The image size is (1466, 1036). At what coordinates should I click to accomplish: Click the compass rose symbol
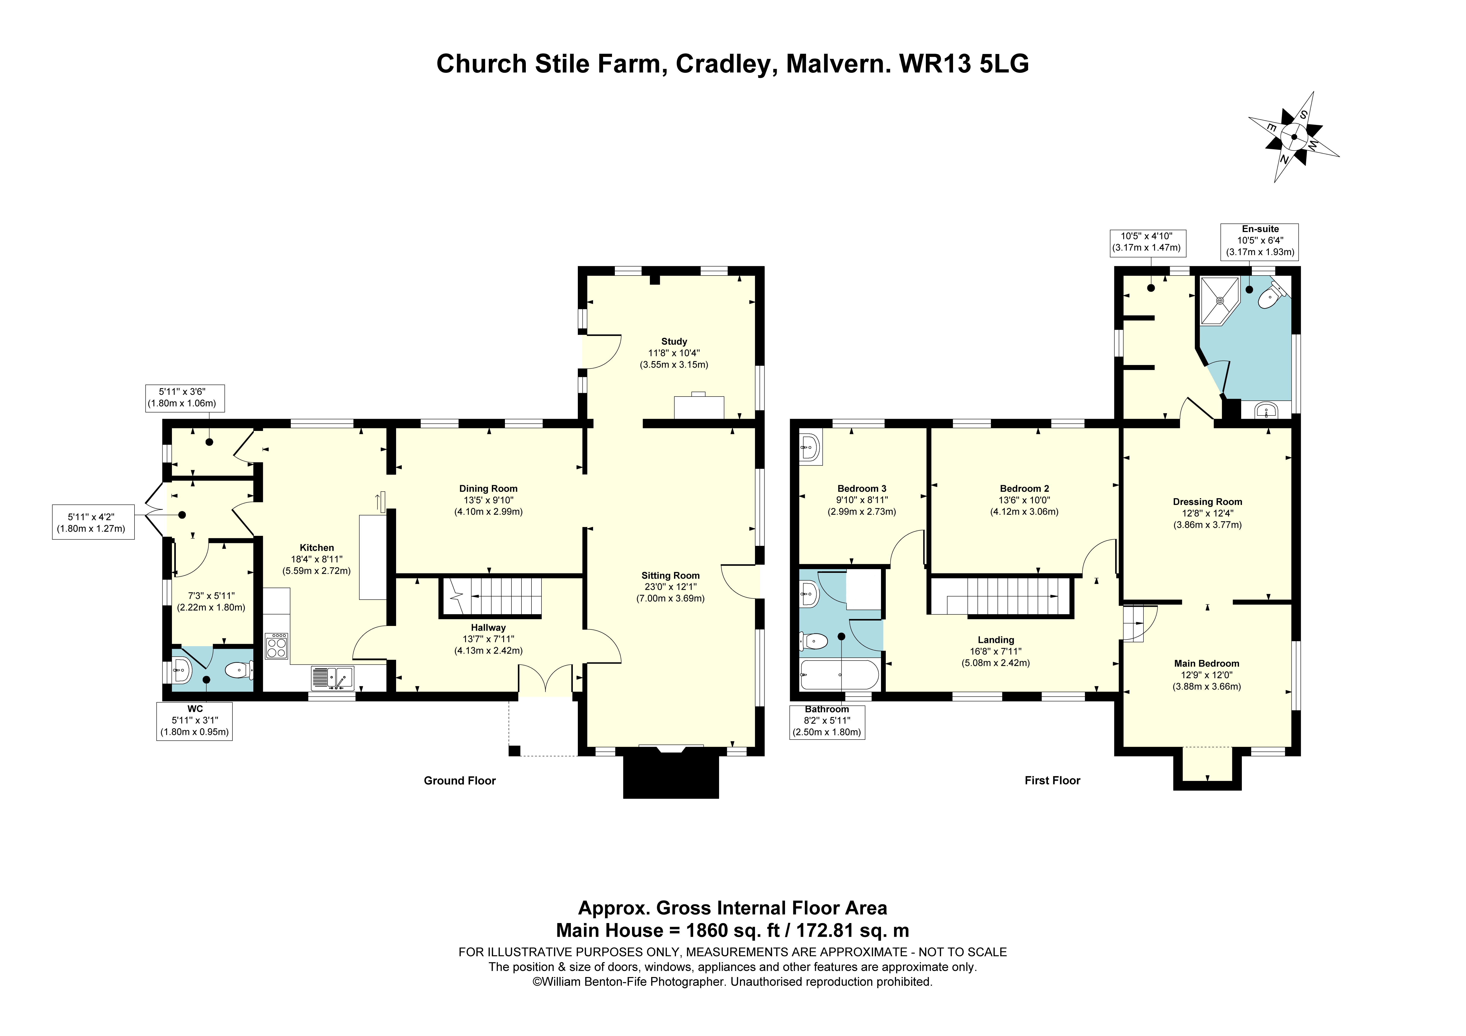tap(1294, 137)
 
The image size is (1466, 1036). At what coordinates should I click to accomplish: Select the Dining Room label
tap(488, 489)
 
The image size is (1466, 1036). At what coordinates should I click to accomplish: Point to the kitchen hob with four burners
tap(276, 646)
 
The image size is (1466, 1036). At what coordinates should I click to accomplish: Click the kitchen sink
tap(332, 678)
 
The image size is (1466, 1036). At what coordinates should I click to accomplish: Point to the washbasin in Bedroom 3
tap(810, 446)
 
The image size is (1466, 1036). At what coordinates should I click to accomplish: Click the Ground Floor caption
tap(460, 780)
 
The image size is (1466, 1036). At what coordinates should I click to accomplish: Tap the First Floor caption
tap(1052, 780)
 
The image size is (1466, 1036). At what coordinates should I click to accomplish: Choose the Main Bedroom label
tap(1207, 664)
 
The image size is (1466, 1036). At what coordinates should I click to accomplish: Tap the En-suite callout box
tap(1260, 241)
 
